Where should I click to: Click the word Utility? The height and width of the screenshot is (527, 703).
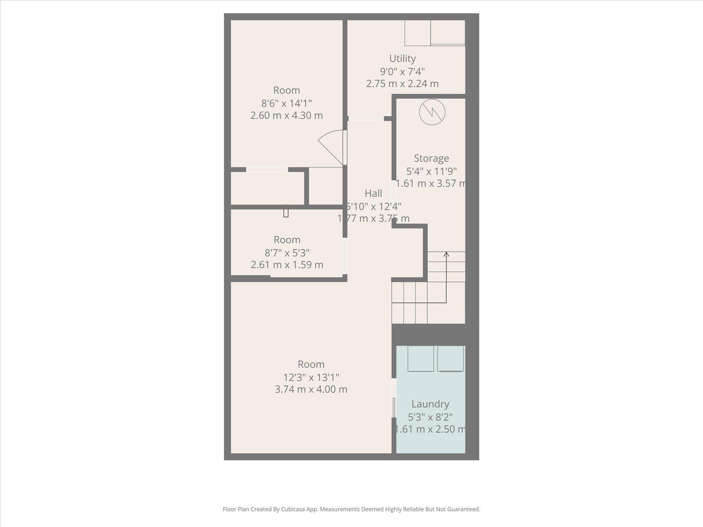pyautogui.click(x=402, y=58)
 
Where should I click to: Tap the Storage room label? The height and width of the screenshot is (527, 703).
pyautogui.click(x=431, y=158)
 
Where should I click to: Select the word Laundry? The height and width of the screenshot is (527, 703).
pyautogui.click(x=430, y=404)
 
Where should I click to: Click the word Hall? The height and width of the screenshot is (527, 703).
pyautogui.click(x=373, y=193)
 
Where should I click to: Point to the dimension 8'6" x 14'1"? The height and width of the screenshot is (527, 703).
pyautogui.click(x=286, y=103)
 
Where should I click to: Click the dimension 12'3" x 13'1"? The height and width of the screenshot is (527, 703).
pyautogui.click(x=311, y=377)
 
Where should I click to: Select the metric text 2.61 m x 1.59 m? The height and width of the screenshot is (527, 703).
pyautogui.click(x=287, y=265)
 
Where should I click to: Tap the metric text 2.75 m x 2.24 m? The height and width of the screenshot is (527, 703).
pyautogui.click(x=402, y=84)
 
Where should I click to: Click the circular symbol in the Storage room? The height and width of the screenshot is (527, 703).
pyautogui.click(x=432, y=112)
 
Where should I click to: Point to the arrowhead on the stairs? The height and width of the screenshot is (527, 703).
pyautogui.click(x=446, y=254)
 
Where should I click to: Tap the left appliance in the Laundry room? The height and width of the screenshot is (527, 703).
pyautogui.click(x=420, y=359)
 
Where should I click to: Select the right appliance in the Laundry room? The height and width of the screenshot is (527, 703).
pyautogui.click(x=450, y=359)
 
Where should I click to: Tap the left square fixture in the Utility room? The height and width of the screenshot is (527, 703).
pyautogui.click(x=417, y=33)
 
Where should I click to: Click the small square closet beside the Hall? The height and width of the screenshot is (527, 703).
pyautogui.click(x=325, y=186)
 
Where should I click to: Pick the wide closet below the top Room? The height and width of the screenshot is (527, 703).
pyautogui.click(x=267, y=188)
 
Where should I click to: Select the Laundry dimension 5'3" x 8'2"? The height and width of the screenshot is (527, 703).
pyautogui.click(x=430, y=417)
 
